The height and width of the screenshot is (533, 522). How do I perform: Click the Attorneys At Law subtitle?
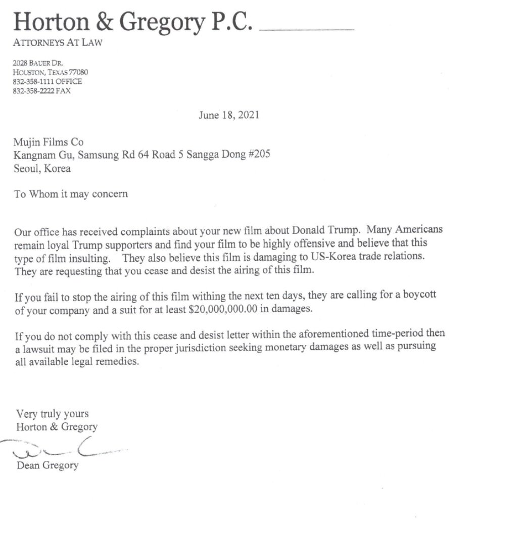[x=58, y=43]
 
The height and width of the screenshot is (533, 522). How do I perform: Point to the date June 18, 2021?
[x=229, y=115]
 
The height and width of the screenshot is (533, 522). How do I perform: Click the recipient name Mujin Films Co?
[x=49, y=143]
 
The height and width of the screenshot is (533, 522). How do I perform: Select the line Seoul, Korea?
[x=42, y=169]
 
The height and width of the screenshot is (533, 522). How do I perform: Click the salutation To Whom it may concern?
[x=71, y=194]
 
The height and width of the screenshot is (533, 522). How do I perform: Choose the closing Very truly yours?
[x=52, y=414]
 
